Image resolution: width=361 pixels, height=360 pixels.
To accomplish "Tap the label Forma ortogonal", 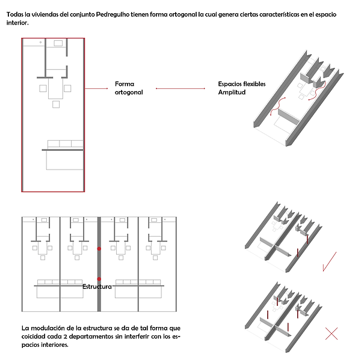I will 129,88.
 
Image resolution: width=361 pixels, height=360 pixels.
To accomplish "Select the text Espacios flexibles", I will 241,84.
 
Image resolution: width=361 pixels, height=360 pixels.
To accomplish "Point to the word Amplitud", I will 232,93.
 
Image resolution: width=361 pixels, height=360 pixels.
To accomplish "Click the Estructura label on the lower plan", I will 97,287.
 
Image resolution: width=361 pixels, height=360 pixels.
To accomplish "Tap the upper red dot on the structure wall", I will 100,248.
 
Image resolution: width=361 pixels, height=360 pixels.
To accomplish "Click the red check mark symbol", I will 329,261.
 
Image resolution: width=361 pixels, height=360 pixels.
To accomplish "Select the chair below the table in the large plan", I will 56,105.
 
